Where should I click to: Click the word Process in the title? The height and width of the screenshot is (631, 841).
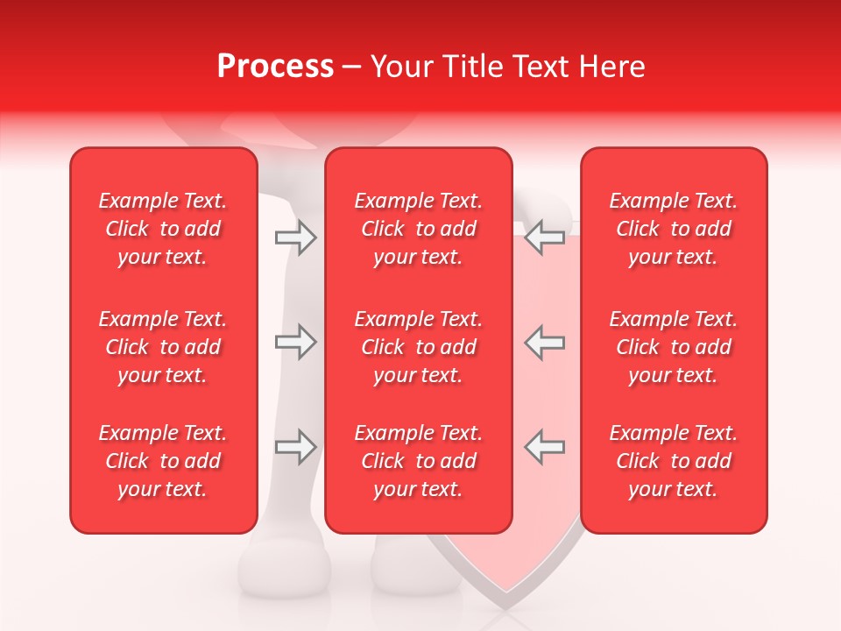[275, 66]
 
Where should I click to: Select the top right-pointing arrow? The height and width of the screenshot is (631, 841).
[295, 238]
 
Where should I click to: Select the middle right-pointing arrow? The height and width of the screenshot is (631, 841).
[295, 343]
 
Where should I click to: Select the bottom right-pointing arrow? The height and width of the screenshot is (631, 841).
[295, 447]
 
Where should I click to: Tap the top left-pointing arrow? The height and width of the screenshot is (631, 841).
[544, 238]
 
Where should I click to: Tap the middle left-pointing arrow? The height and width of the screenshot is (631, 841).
[544, 343]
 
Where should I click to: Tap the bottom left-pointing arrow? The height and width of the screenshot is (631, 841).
[544, 447]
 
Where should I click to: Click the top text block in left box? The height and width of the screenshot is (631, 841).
[163, 229]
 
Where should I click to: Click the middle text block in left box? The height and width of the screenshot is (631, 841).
[163, 347]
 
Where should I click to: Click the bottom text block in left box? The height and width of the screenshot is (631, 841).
[163, 461]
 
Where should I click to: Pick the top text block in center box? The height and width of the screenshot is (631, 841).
[418, 229]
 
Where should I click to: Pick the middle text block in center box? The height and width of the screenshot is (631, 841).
[418, 347]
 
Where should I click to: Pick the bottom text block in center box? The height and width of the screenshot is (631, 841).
[418, 461]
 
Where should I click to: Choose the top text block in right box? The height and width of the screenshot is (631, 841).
[674, 229]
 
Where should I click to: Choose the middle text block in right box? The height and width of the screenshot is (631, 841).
[674, 347]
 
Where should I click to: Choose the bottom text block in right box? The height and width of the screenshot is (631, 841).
[674, 461]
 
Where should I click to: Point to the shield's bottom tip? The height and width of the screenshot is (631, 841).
[505, 606]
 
